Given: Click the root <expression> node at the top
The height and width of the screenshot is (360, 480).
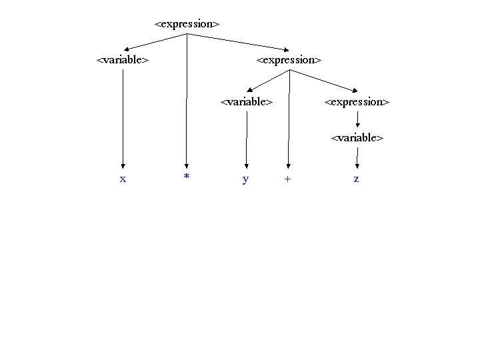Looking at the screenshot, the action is click(x=187, y=24).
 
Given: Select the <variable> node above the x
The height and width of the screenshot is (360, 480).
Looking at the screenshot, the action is click(x=123, y=60).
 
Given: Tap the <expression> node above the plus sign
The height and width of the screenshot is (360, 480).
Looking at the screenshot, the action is click(x=289, y=60).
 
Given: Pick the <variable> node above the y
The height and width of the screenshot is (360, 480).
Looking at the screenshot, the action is click(x=247, y=101).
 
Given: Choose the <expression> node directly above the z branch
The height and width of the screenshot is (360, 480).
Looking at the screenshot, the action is click(x=357, y=102).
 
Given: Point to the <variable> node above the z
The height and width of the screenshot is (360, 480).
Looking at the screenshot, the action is click(x=357, y=138).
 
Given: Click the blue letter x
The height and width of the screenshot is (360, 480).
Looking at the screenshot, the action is click(x=123, y=179).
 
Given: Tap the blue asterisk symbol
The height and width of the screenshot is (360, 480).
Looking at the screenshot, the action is click(x=187, y=176).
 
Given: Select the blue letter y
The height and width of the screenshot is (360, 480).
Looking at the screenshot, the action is click(x=245, y=180).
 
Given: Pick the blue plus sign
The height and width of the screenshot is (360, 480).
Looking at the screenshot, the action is click(x=287, y=179).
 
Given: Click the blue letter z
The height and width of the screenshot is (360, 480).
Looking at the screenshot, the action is click(x=356, y=179).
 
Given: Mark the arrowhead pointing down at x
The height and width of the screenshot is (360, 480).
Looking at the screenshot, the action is click(x=123, y=166).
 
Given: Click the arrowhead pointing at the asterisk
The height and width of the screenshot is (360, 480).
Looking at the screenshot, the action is click(x=187, y=166).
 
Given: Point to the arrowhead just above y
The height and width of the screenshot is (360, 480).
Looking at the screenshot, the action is click(x=247, y=166).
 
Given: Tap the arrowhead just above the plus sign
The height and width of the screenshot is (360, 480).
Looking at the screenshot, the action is click(x=288, y=166).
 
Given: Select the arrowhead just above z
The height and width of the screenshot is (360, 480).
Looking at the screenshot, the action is click(x=357, y=166).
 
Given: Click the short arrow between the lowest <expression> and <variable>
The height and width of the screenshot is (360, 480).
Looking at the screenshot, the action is click(x=357, y=119).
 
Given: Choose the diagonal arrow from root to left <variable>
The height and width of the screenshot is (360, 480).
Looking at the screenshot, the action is click(x=155, y=42).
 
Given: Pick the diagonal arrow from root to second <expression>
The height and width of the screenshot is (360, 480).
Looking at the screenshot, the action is click(x=238, y=42).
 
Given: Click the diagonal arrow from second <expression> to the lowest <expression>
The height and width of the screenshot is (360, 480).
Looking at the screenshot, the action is click(x=323, y=81).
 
